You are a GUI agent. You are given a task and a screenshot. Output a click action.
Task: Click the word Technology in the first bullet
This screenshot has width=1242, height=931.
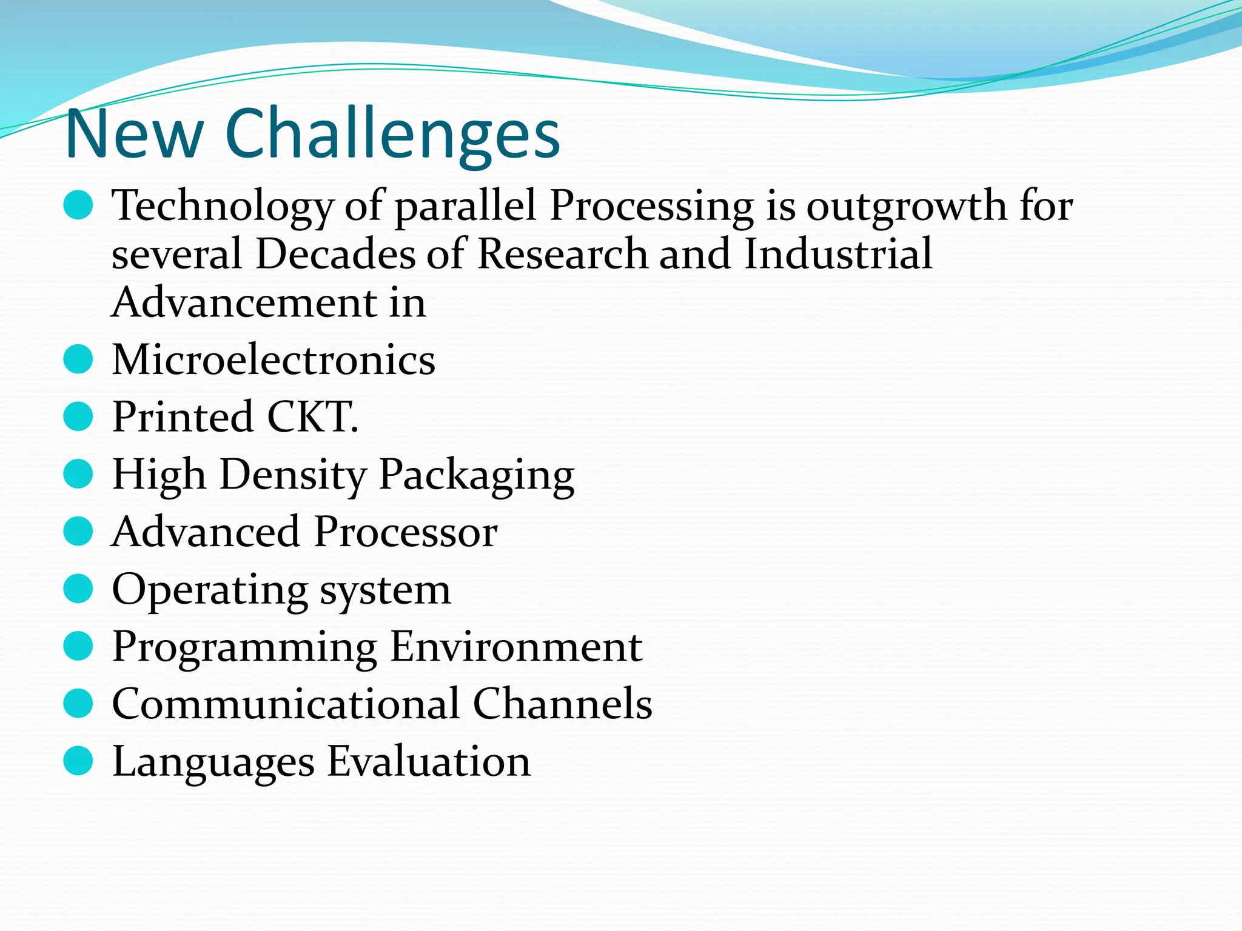point(222,206)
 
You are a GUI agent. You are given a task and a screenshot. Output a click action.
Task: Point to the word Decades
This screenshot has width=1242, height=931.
point(335,253)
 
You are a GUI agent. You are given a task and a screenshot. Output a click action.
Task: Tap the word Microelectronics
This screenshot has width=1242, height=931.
point(274,359)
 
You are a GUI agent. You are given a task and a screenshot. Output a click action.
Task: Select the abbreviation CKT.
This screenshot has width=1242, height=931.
point(313,417)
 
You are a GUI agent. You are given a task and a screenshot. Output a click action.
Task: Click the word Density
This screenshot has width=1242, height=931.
point(293,475)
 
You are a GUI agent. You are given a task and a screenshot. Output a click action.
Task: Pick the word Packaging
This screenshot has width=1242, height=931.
point(477,475)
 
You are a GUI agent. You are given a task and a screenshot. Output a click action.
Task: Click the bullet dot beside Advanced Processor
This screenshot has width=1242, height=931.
point(78,532)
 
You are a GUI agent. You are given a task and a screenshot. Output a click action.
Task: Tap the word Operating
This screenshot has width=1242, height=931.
point(210,589)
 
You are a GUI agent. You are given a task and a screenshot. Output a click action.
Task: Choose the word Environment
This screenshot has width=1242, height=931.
point(516,647)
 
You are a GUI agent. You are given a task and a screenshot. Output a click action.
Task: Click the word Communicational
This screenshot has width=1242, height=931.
point(286,704)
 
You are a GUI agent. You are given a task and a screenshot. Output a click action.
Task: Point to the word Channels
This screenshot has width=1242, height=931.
point(562,704)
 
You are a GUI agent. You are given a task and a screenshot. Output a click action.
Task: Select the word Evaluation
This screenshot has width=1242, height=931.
point(429,761)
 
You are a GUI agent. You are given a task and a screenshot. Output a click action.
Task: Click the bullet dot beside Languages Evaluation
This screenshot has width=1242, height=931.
point(78,761)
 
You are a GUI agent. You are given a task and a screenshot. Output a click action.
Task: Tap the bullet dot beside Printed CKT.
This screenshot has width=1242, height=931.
point(78,417)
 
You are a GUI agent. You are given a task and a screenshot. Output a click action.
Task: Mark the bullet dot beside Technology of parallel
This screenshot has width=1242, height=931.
point(78,206)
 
